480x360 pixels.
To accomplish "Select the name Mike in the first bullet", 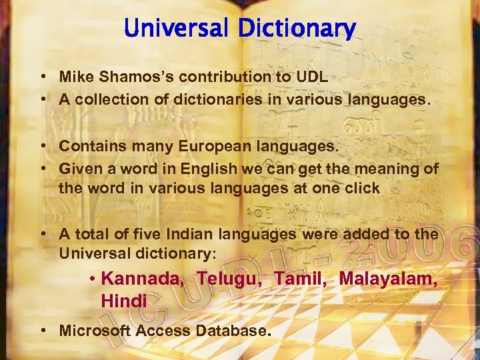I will coord(75,77).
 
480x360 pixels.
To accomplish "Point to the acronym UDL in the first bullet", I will coord(311,77).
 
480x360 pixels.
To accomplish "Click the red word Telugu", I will coord(224,279).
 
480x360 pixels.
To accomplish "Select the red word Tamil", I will coord(296,279).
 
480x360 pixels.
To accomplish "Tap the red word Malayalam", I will coord(389,279).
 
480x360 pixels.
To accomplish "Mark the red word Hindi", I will coord(123,301).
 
